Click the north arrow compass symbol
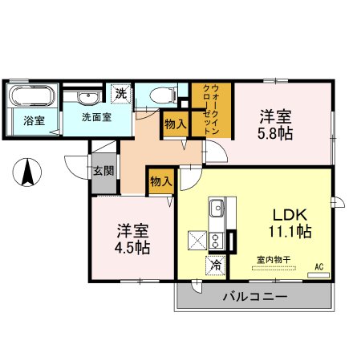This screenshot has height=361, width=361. [x=27, y=172]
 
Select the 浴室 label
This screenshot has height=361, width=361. [x=34, y=120]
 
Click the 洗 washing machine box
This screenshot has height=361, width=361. [x=120, y=93]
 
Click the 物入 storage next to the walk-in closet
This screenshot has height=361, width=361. [x=175, y=124]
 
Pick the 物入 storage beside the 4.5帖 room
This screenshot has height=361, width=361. [x=160, y=182]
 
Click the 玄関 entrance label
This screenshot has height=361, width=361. [x=103, y=170]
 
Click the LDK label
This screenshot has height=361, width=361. [x=287, y=215]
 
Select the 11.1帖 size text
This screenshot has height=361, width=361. [x=289, y=233]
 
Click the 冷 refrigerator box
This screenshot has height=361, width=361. [x=215, y=263]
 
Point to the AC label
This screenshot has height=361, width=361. [x=318, y=266]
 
